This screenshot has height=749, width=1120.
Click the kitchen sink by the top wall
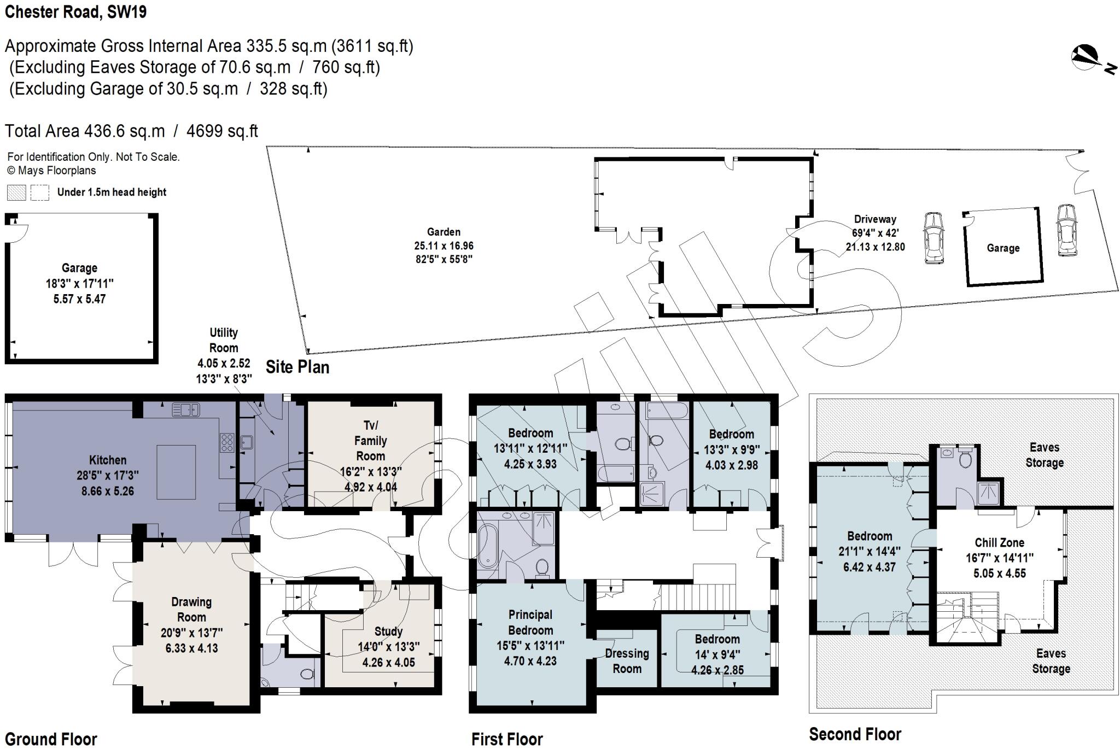186,409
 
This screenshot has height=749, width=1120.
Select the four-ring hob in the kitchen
226,442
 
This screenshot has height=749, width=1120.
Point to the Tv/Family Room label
370,441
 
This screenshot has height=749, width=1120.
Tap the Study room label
388,631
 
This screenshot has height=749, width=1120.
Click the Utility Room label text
224,340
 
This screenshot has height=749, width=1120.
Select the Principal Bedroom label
530,622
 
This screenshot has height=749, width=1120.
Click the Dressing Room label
627,660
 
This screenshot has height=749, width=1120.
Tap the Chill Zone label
999,542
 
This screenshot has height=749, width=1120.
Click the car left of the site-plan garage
934,238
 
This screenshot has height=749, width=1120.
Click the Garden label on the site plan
444,232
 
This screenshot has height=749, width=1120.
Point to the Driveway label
875,219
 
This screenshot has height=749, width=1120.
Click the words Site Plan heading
297,367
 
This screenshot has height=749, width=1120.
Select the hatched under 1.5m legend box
16,192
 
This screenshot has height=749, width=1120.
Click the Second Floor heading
855,734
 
